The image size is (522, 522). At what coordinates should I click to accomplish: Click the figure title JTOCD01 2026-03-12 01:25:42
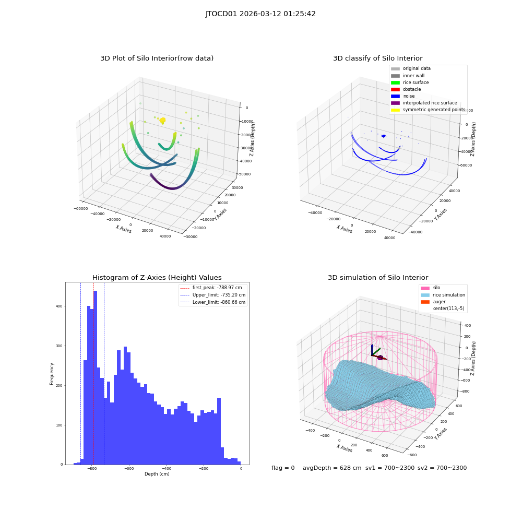pyautogui.click(x=260, y=14)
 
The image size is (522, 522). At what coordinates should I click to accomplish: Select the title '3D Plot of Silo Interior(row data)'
pyautogui.click(x=157, y=58)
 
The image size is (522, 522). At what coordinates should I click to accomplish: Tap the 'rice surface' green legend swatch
pyautogui.click(x=395, y=82)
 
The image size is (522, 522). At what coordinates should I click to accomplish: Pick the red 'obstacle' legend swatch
pyautogui.click(x=395, y=89)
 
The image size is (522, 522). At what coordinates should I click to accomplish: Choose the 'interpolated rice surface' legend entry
pyautogui.click(x=424, y=103)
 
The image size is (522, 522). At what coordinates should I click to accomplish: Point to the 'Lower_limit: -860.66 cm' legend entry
pyautogui.click(x=213, y=302)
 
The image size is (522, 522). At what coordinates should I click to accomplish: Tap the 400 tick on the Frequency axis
pyautogui.click(x=60, y=306)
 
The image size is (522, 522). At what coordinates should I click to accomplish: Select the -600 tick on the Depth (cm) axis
pyautogui.click(x=129, y=468)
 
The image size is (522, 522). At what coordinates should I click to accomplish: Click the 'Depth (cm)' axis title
pyautogui.click(x=157, y=474)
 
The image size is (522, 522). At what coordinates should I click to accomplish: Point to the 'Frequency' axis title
pyautogui.click(x=52, y=374)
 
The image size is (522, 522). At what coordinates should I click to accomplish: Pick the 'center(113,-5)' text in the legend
pyautogui.click(x=448, y=309)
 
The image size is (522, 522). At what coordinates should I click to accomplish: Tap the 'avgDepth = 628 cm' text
pyautogui.click(x=332, y=468)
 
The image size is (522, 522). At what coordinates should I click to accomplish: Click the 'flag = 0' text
pyautogui.click(x=283, y=468)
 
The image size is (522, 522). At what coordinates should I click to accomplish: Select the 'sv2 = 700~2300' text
pyautogui.click(x=442, y=468)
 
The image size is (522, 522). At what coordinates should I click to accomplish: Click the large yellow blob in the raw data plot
pyautogui.click(x=162, y=121)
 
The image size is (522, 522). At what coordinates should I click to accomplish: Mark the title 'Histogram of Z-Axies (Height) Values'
pyautogui.click(x=157, y=278)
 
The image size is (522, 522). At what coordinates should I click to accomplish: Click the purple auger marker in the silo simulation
pyautogui.click(x=380, y=358)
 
